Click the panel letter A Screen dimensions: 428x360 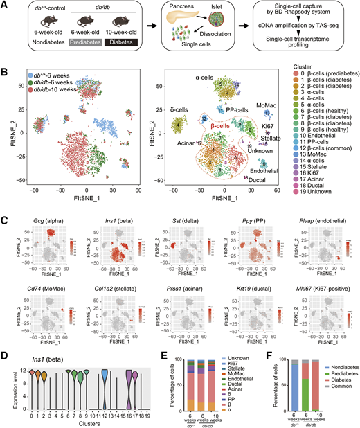[x=5, y=5]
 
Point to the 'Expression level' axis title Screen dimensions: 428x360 [x=13, y=375]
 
